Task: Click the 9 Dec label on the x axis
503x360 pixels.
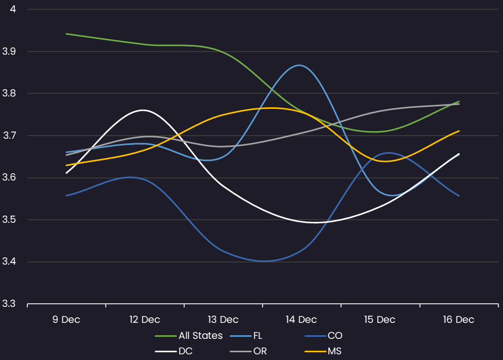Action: click(66, 320)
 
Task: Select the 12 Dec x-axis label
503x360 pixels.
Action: click(144, 320)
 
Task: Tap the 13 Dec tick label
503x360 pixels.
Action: click(223, 320)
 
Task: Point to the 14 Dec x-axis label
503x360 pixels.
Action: click(301, 320)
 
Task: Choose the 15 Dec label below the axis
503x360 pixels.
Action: click(380, 320)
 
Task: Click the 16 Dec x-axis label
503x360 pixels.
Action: click(458, 320)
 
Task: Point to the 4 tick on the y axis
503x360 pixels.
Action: click(13, 9)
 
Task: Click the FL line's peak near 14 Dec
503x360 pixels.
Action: click(299, 65)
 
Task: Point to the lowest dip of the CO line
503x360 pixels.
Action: click(264, 261)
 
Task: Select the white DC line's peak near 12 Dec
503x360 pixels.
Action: click(142, 110)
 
